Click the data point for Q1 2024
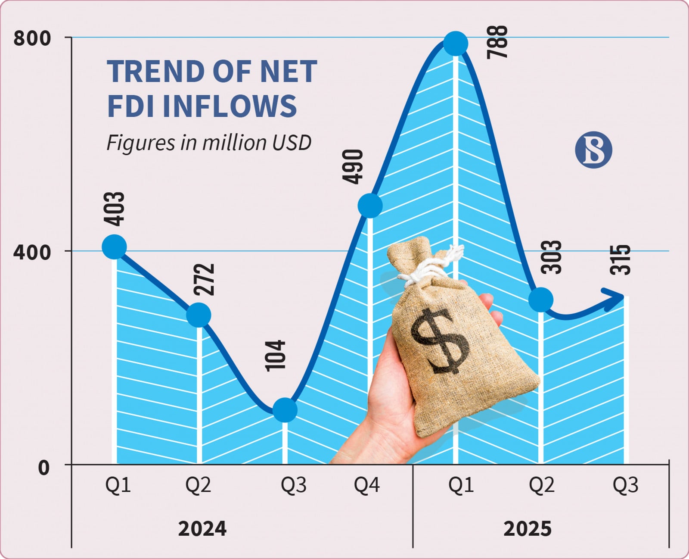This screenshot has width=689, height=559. coord(114,247)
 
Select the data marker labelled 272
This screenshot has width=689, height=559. coord(199,315)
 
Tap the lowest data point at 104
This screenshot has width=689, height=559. coord(285,409)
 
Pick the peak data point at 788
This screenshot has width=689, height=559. coord(456,43)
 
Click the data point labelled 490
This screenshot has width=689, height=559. coord(370,205)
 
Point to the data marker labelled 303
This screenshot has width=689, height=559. coord(541,300)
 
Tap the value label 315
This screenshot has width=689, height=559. coord(620,259)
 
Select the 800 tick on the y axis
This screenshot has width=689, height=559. coord(32,38)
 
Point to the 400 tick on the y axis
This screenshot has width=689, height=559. coord(32,252)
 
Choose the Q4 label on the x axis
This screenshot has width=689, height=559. coord(367,485)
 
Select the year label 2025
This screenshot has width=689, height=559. coord(528,528)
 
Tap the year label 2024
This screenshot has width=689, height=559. coord(202,528)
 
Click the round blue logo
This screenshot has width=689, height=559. coord(593,150)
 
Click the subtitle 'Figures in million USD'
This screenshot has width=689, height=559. coord(209,143)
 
